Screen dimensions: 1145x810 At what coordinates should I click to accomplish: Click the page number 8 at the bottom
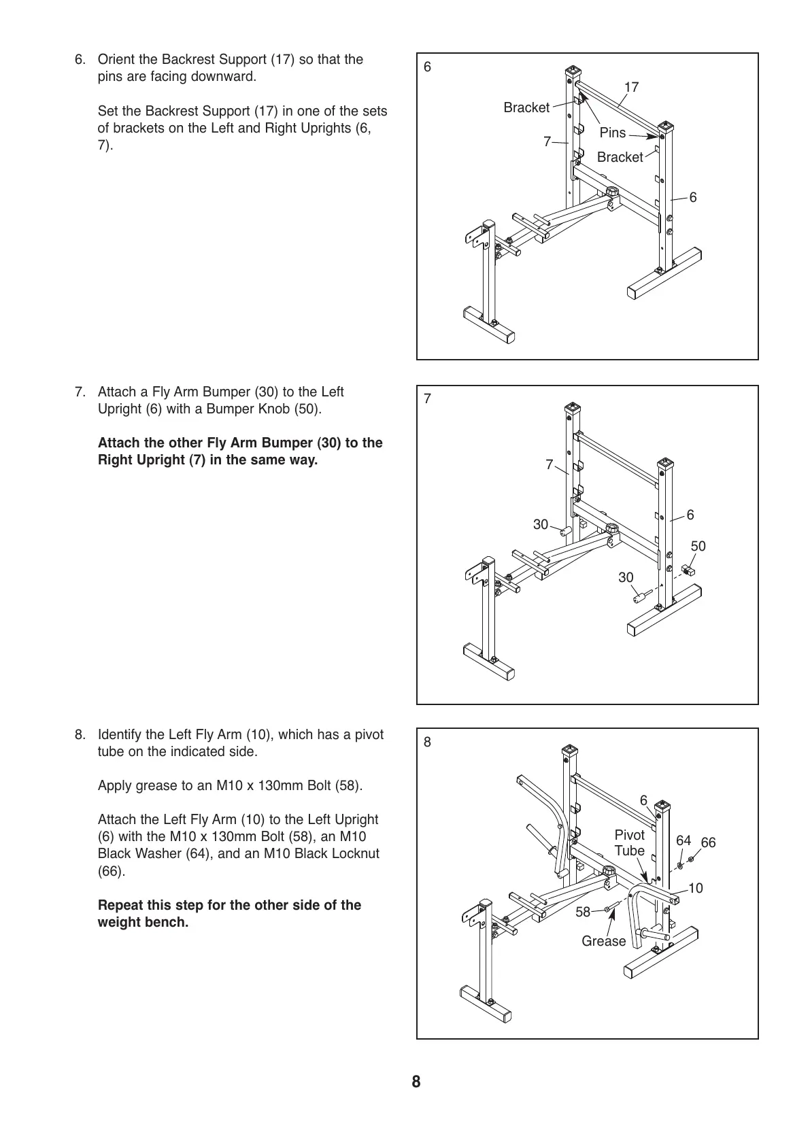[x=416, y=1082]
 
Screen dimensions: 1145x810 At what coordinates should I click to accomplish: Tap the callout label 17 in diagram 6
[x=631, y=87]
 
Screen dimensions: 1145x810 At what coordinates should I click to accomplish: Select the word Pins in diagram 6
[x=612, y=133]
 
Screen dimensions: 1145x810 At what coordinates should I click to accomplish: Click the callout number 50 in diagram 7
[x=698, y=546]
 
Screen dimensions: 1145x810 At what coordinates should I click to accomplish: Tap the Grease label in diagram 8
[x=603, y=941]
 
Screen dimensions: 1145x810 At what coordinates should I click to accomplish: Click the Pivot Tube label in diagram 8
[x=629, y=842]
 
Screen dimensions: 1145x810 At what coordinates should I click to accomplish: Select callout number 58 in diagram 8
[x=583, y=912]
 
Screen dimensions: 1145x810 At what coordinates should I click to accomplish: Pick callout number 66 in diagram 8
[x=708, y=842]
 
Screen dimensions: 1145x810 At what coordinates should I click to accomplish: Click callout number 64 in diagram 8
[x=684, y=840]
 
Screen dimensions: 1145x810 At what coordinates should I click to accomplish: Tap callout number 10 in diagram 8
[x=695, y=888]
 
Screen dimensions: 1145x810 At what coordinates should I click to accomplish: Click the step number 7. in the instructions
[x=80, y=392]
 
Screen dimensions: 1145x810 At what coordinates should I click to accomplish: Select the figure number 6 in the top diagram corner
[x=427, y=67]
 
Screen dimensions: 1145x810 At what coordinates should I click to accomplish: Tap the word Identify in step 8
[x=121, y=734]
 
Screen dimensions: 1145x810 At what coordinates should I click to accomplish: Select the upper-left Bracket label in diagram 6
[x=526, y=107]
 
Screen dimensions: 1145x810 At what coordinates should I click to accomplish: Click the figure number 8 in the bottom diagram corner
[x=427, y=742]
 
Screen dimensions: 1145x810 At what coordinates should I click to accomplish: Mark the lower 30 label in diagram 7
[x=626, y=577]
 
